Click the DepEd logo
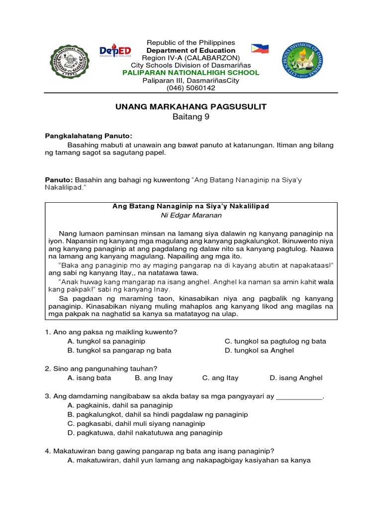pyautogui.click(x=115, y=51)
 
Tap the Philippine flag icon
pyautogui.click(x=260, y=48)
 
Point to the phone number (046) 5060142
pyautogui.click(x=191, y=88)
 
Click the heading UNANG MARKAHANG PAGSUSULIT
pyautogui.click(x=191, y=107)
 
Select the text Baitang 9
pyautogui.click(x=191, y=117)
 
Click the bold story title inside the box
pyautogui.click(x=191, y=206)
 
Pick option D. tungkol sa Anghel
pyautogui.click(x=259, y=350)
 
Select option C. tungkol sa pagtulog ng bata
pyautogui.click(x=275, y=341)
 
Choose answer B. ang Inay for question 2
pyautogui.click(x=154, y=378)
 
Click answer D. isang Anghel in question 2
pyautogui.click(x=296, y=378)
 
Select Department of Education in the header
pyautogui.click(x=191, y=50)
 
